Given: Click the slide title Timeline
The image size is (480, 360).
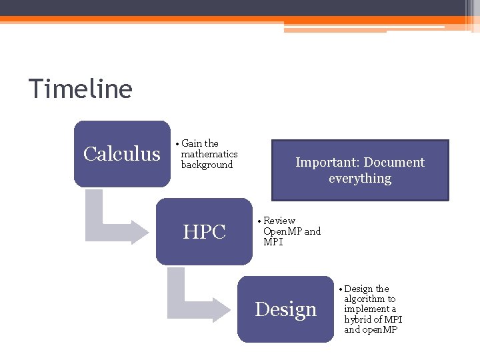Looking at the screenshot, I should pos(80,89).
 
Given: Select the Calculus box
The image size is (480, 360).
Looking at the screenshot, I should pos(122,154).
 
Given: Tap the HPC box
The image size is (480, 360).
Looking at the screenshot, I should pos(204,232).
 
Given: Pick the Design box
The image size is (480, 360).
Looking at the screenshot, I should pos(285,309).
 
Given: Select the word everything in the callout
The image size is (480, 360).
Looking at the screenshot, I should pos(360,179).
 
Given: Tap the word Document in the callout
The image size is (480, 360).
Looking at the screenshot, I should pos(394,163).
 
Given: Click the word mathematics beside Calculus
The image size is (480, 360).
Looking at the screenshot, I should pos(209,154).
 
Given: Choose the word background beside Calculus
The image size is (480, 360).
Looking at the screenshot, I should pos(207,165).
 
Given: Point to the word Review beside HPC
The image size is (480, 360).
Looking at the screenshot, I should pos(279,221).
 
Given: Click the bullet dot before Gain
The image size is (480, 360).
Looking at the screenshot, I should pos(177,144).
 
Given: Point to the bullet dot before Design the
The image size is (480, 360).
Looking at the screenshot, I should pos(340,289).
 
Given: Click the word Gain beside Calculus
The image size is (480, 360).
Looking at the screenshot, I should pos(191,143).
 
